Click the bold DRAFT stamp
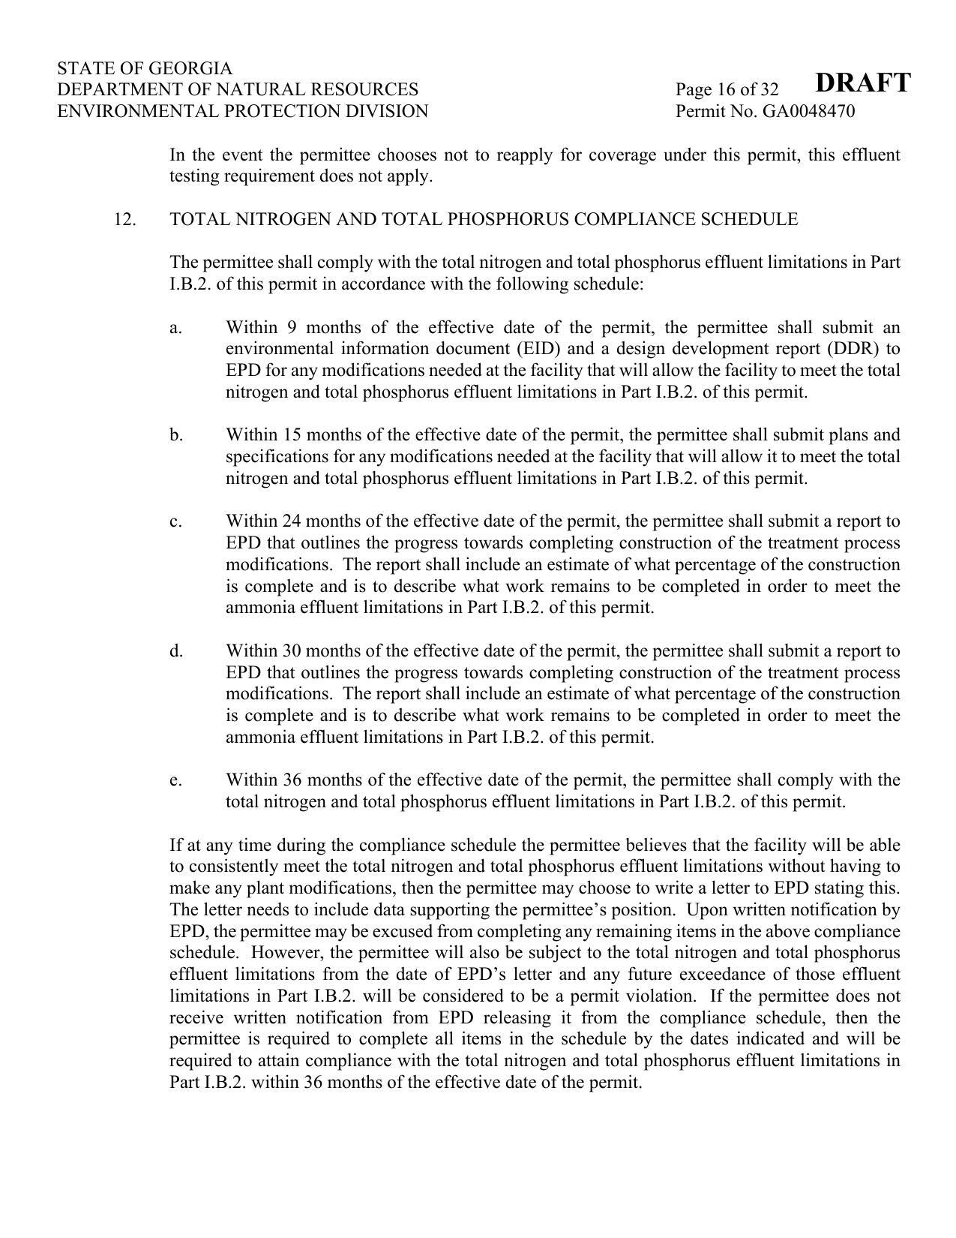[x=862, y=83]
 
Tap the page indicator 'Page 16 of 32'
[x=727, y=90]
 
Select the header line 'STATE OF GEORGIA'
[x=145, y=68]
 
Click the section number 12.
[x=124, y=220]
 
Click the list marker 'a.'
[x=175, y=328]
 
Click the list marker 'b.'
[x=176, y=435]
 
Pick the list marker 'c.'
[x=175, y=521]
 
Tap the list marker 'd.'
[x=176, y=651]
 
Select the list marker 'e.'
[x=175, y=780]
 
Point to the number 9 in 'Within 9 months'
[x=292, y=328]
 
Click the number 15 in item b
[x=292, y=435]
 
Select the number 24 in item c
[x=292, y=521]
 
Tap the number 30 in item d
[x=292, y=651]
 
